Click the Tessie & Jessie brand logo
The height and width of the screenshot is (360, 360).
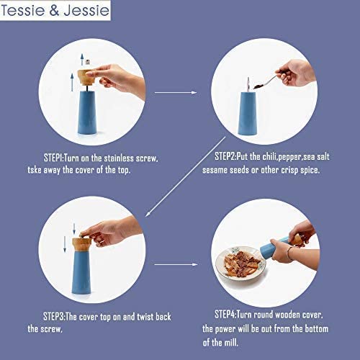(x=56, y=12)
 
